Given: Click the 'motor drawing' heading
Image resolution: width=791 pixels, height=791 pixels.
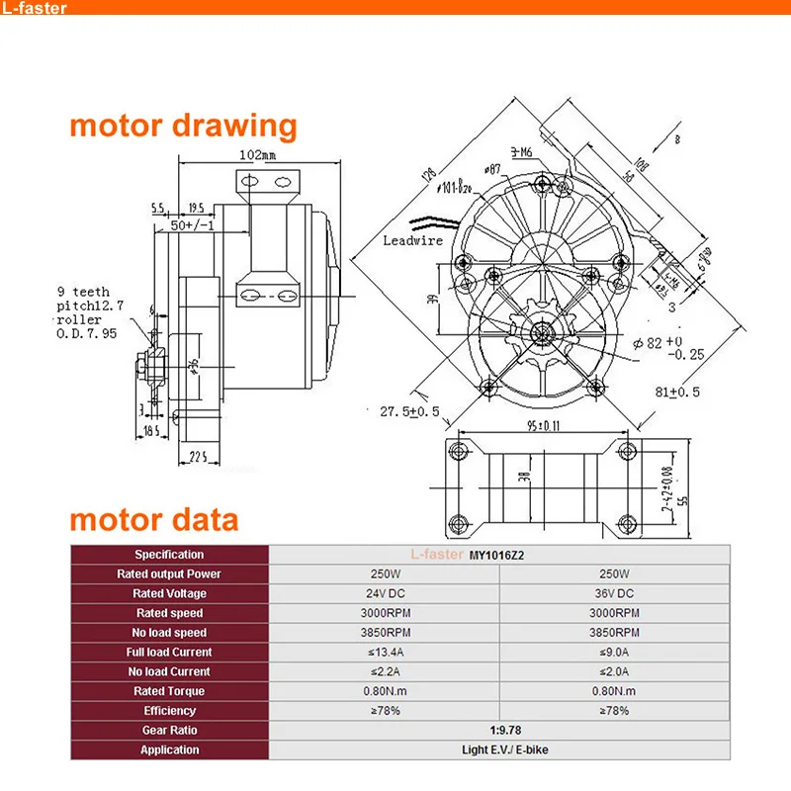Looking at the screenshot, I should (183, 127).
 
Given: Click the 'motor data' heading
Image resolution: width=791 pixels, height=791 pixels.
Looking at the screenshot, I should (153, 520).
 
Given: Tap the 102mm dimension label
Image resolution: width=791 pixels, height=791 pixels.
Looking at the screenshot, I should (257, 155).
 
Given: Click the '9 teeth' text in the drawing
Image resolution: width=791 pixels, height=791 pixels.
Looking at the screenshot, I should (84, 292).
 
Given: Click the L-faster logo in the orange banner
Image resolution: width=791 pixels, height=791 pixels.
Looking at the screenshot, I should (37, 9).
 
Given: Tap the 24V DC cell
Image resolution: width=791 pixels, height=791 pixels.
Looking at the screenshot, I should (385, 593).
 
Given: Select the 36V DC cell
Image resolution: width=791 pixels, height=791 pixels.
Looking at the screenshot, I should (615, 593).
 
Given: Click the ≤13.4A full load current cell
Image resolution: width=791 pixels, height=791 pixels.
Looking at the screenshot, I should (385, 652).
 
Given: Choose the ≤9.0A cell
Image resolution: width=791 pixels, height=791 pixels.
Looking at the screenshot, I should (615, 652).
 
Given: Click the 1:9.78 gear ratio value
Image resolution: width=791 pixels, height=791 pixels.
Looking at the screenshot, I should (500, 730).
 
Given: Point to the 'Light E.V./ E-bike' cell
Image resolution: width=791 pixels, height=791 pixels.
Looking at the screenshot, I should (500, 749).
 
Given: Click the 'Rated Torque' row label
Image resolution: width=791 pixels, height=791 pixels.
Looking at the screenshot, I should (169, 691).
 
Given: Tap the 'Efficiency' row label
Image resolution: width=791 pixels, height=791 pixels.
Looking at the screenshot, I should (169, 710).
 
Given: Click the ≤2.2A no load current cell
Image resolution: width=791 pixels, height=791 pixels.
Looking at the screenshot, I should (385, 671).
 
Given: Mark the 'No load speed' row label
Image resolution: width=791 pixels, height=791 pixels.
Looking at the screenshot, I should (169, 633).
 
